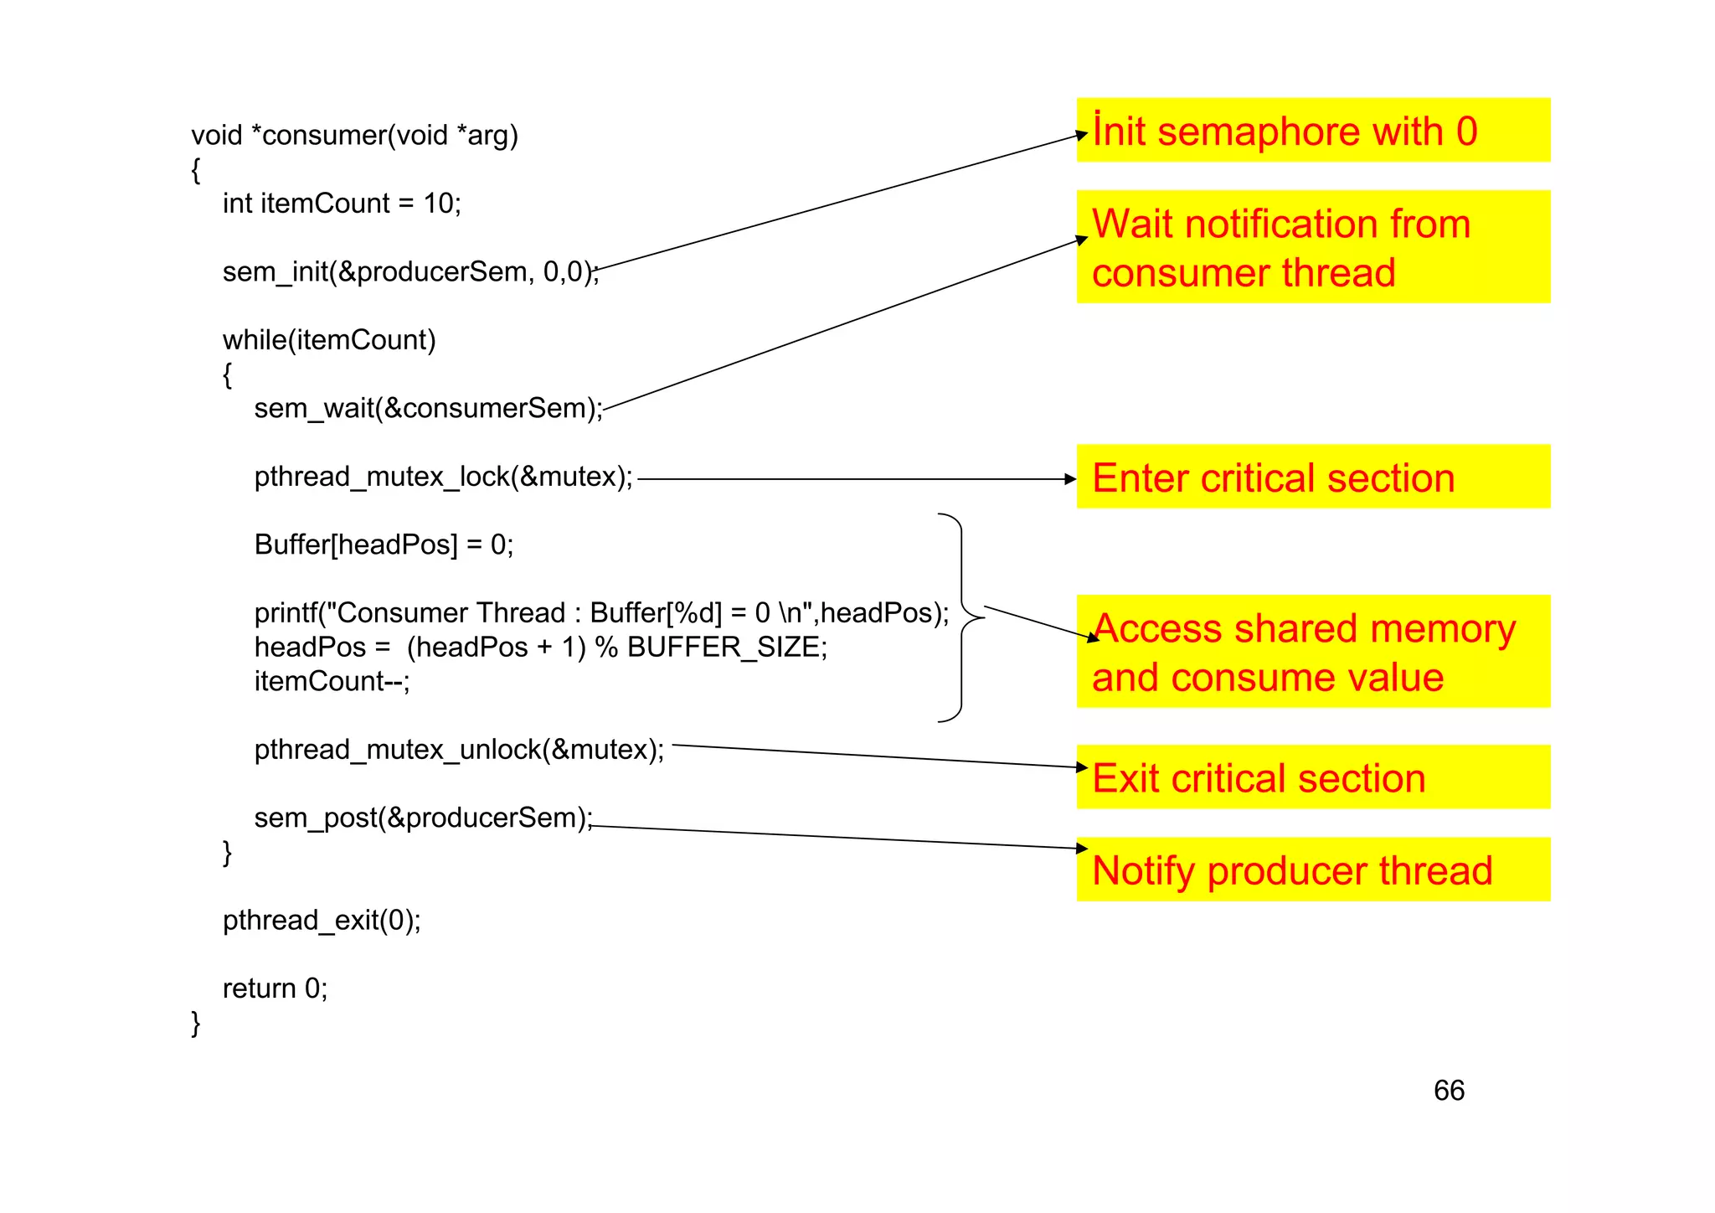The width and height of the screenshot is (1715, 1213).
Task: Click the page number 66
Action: (1449, 1090)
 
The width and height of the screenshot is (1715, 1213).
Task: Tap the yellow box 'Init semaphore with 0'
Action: (1312, 131)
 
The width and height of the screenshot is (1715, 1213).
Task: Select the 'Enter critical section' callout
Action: (1312, 477)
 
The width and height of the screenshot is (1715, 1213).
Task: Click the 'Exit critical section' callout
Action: (1312, 777)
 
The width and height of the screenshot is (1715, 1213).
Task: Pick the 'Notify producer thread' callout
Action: (1312, 870)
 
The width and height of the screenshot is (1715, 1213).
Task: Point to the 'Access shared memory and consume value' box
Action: (1312, 652)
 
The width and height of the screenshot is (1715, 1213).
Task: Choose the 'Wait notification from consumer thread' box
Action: (1312, 247)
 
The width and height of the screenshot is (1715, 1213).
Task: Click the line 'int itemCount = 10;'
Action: (342, 204)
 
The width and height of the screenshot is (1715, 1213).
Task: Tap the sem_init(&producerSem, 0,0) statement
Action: (410, 272)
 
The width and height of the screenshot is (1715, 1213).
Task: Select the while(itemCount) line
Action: (329, 340)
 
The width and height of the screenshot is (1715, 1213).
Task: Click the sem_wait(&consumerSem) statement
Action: (428, 409)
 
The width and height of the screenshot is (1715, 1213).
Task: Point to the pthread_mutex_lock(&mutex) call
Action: (443, 477)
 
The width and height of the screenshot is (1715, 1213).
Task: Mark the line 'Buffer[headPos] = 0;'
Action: (384, 545)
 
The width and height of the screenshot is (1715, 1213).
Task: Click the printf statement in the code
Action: (601, 613)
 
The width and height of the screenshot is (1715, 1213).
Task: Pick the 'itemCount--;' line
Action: (332, 682)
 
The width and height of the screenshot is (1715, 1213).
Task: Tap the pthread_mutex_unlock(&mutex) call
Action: (459, 750)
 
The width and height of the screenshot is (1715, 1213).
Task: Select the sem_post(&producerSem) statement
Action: (423, 818)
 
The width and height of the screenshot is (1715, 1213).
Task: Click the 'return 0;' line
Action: (275, 988)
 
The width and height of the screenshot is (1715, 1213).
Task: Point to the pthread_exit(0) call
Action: (322, 921)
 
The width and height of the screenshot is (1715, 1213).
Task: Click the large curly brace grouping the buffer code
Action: (961, 617)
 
